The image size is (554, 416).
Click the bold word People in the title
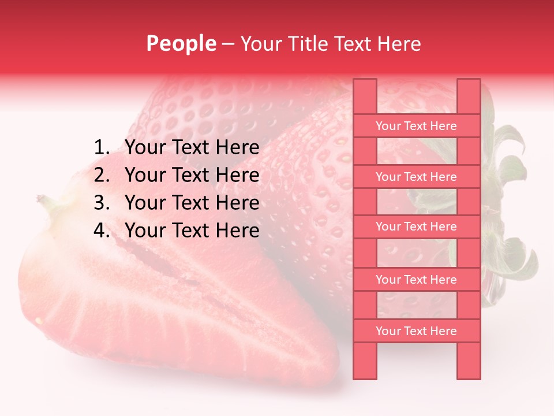[x=181, y=43]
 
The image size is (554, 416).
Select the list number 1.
[x=102, y=148]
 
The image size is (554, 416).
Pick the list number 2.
[x=102, y=175]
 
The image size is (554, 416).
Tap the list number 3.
[x=102, y=203]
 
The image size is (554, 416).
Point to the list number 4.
[x=102, y=231]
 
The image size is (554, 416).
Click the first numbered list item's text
[x=192, y=148]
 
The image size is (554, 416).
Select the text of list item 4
[x=192, y=231]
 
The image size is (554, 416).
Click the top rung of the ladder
[x=416, y=126]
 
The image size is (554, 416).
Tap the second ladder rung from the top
[x=416, y=177]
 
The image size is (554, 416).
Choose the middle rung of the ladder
[x=416, y=227]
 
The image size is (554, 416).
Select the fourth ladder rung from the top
[x=416, y=280]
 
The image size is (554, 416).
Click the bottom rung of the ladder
[x=416, y=331]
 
